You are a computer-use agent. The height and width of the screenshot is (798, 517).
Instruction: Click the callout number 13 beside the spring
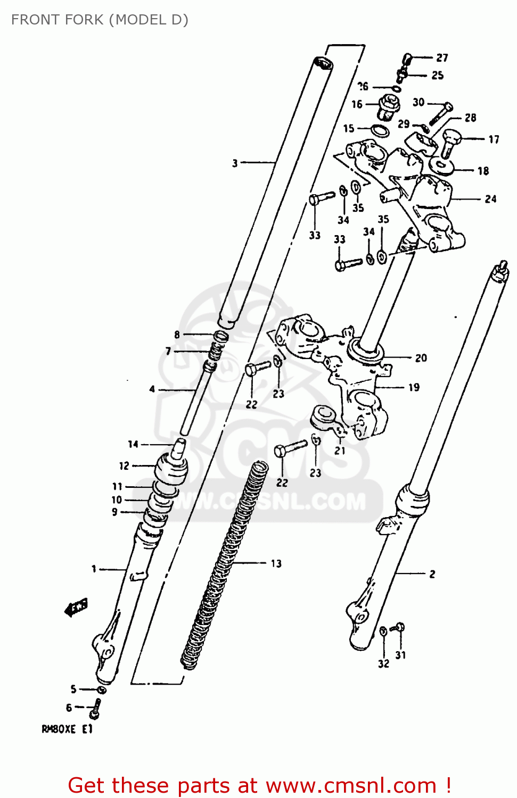click(x=276, y=563)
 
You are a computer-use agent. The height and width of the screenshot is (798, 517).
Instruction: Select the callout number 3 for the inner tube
click(x=235, y=163)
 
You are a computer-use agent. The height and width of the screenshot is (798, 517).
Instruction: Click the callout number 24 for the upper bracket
click(x=490, y=199)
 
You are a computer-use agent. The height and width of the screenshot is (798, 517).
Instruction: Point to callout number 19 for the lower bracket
click(x=414, y=387)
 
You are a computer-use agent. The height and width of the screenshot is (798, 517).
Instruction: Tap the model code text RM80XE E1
click(x=67, y=729)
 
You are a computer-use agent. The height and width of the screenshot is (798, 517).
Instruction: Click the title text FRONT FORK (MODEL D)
click(x=100, y=20)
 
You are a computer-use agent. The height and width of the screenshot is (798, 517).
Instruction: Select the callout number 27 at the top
click(x=442, y=57)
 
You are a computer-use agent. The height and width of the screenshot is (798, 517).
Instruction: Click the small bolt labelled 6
click(x=95, y=708)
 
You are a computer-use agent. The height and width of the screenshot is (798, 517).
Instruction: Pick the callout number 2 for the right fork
click(x=432, y=574)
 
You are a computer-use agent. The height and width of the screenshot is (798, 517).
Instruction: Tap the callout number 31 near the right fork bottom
click(x=400, y=655)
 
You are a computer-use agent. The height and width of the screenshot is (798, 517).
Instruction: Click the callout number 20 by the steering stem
click(x=421, y=358)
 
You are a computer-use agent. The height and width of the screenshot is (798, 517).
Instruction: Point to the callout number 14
click(x=133, y=444)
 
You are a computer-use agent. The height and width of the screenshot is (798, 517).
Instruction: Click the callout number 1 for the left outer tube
click(x=94, y=569)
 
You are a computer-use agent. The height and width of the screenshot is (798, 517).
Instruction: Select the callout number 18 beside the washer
click(x=483, y=171)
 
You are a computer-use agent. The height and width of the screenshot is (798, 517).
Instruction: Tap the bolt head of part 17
click(x=450, y=136)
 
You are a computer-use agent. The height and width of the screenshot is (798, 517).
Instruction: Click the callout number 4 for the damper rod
click(x=152, y=389)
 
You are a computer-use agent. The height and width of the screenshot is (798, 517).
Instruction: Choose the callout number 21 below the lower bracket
click(x=340, y=450)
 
